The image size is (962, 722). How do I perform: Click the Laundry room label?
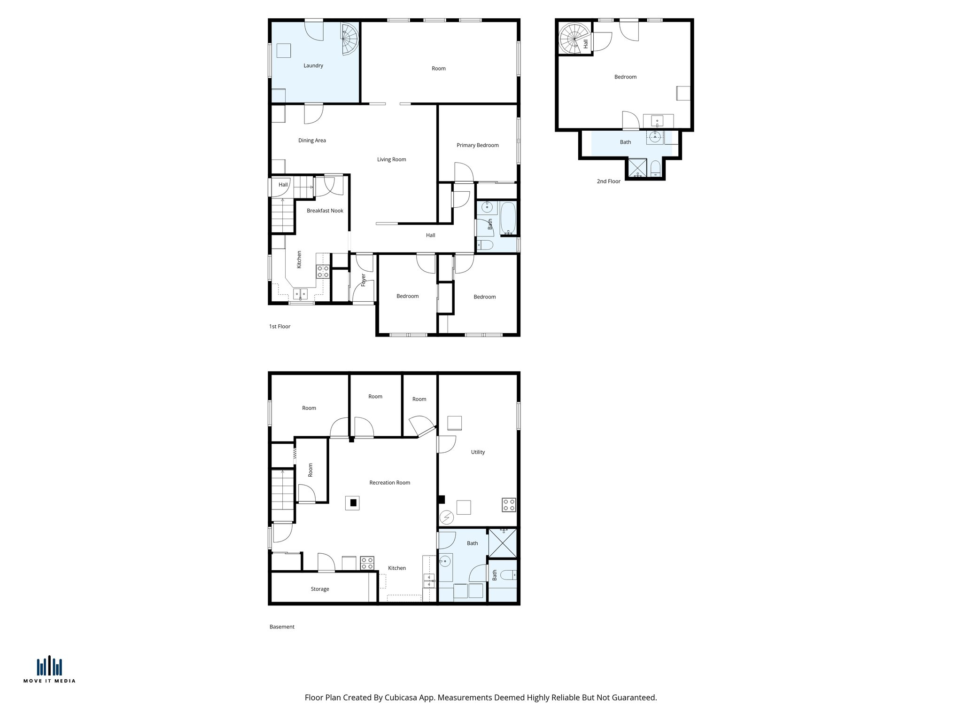tap(313, 66)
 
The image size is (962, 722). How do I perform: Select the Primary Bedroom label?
tap(477, 145)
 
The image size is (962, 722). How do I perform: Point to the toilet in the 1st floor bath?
tap(485, 245)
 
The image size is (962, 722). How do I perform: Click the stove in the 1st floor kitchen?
tap(322, 271)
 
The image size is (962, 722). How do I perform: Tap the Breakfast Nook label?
tap(325, 211)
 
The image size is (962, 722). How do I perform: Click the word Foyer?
tap(363, 280)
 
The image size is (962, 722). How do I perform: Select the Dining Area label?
tap(312, 141)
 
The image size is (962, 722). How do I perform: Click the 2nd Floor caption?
tap(608, 181)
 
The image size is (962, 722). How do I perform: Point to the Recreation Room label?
tap(389, 483)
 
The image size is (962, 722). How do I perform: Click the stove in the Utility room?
tap(509, 505)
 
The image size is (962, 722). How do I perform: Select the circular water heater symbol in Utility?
tap(446, 518)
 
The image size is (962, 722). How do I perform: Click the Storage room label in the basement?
tap(319, 589)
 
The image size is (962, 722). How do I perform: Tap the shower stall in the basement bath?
tap(502, 543)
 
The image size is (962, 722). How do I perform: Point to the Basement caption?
tap(282, 627)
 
